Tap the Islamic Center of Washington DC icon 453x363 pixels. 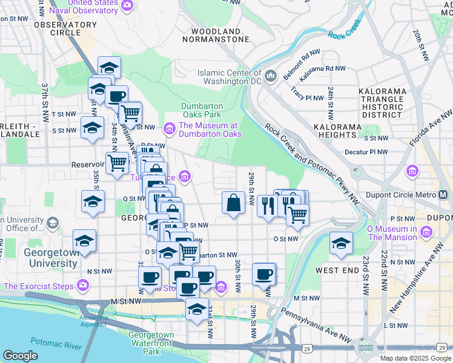(x=270, y=76)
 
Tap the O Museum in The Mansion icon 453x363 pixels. (x=426, y=232)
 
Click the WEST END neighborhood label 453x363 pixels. (x=337, y=270)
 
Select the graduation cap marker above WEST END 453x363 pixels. (x=342, y=243)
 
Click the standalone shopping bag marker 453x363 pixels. (x=233, y=203)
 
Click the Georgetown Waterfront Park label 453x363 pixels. (x=151, y=342)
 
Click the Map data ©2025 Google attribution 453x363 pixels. (x=414, y=358)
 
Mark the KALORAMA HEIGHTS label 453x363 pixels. (x=338, y=131)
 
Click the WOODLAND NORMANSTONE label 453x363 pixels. (x=220, y=35)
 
